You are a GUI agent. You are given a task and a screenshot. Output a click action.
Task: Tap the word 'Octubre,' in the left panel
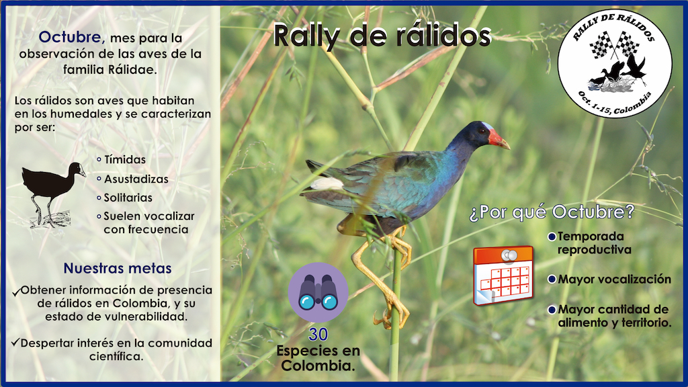[x=71, y=38]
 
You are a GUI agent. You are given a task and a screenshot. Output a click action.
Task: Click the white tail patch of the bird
[x=327, y=183]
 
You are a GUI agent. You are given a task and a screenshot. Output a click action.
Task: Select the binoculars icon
[x=318, y=292]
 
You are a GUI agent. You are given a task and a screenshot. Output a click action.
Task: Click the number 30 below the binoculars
[x=318, y=335]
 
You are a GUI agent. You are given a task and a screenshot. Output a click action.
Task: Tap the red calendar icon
[x=503, y=275]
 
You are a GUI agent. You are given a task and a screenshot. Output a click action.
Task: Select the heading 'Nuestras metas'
[x=117, y=268]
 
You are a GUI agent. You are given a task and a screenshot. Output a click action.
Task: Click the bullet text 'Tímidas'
[x=124, y=159]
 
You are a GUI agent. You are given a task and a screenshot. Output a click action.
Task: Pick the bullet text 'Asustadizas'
[x=136, y=179]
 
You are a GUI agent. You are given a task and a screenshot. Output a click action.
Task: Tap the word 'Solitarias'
[x=128, y=198]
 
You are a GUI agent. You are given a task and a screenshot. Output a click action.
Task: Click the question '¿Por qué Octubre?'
[x=552, y=212]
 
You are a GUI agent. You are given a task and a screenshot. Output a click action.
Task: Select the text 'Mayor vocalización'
[x=614, y=279]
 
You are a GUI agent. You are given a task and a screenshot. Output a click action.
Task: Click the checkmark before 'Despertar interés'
[x=15, y=342]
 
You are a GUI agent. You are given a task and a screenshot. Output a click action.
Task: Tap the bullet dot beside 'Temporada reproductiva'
[x=552, y=237]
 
